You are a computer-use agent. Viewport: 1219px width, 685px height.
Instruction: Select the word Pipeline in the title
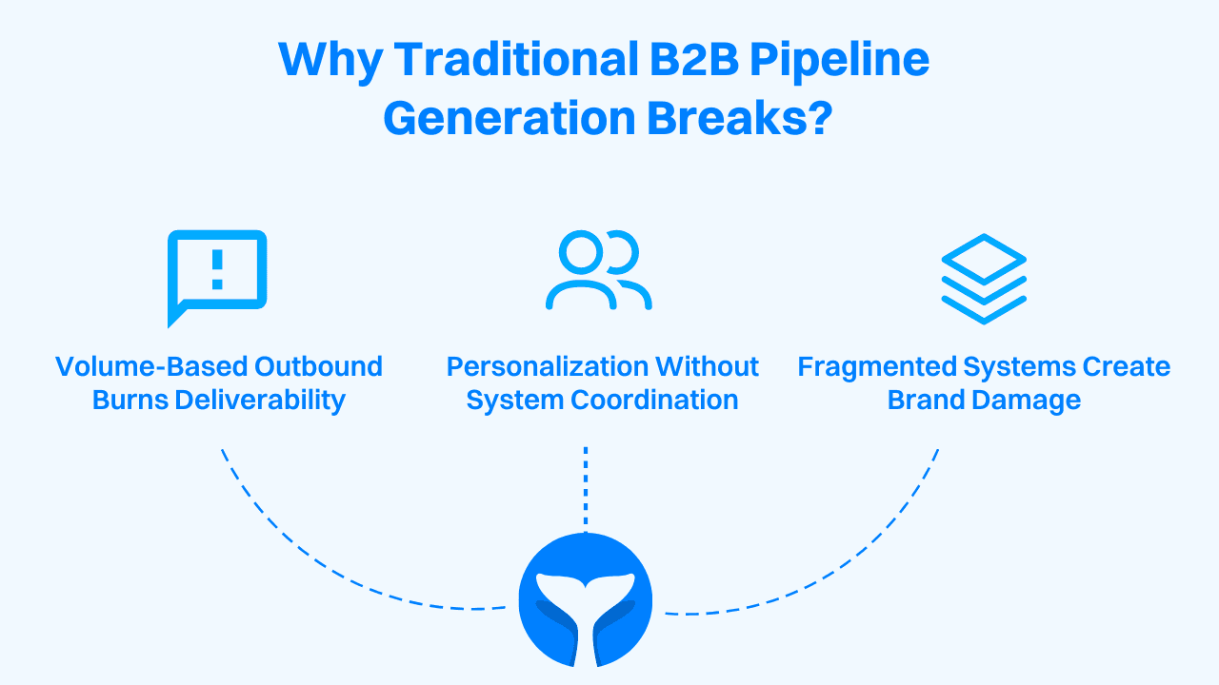(839, 61)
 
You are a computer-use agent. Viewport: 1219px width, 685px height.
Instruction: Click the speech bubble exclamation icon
(217, 277)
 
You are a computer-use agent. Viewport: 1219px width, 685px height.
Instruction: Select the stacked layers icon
(984, 279)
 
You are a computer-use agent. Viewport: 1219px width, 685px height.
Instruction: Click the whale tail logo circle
(586, 600)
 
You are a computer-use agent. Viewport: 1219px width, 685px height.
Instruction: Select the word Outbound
(323, 367)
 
